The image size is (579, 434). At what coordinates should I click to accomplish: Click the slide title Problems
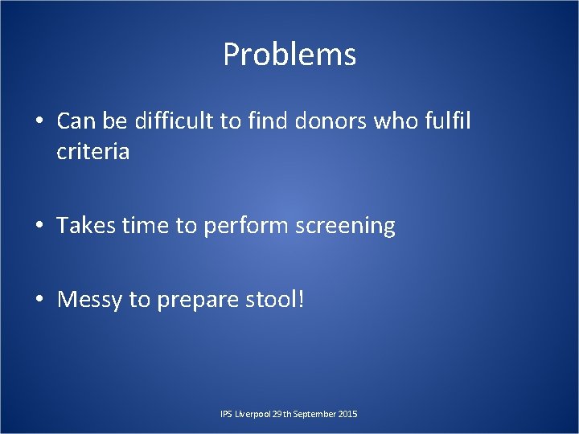pyautogui.click(x=289, y=55)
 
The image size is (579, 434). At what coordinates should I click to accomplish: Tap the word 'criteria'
pyautogui.click(x=92, y=151)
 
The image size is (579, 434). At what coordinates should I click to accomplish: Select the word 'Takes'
pyautogui.click(x=86, y=226)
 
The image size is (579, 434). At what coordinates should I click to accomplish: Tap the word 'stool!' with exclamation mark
pyautogui.click(x=276, y=300)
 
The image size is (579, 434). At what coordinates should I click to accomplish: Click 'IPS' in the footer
pyautogui.click(x=226, y=414)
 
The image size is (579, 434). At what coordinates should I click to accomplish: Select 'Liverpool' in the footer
pyautogui.click(x=252, y=414)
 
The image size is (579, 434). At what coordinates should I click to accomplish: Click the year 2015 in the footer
pyautogui.click(x=349, y=414)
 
